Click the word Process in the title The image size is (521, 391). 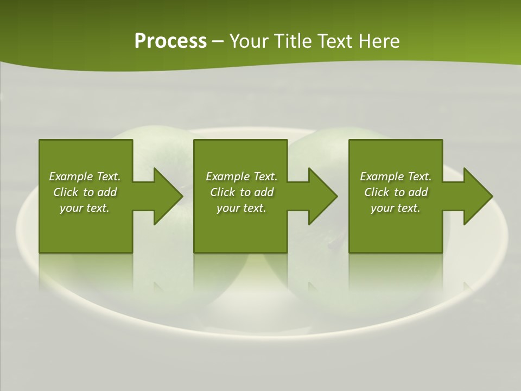pyautogui.click(x=170, y=41)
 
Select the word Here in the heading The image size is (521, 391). pyautogui.click(x=379, y=41)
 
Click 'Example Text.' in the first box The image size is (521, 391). pyautogui.click(x=85, y=176)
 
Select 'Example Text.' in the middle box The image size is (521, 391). pyautogui.click(x=242, y=176)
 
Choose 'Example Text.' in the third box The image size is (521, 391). pyautogui.click(x=396, y=176)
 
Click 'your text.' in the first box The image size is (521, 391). pyautogui.click(x=85, y=208)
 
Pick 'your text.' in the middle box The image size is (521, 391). pyautogui.click(x=242, y=208)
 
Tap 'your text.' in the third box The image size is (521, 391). pyautogui.click(x=396, y=208)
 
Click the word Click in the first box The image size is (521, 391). pyautogui.click(x=66, y=192)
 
